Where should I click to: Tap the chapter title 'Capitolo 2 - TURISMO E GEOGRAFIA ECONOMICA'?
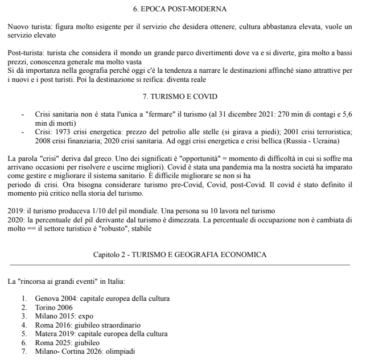[179, 254]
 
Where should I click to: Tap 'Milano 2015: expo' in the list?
[64, 316]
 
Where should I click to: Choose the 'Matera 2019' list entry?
[56, 334]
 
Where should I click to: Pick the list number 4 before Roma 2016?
[24, 325]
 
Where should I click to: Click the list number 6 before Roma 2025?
[24, 343]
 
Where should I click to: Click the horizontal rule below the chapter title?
[179, 264]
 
